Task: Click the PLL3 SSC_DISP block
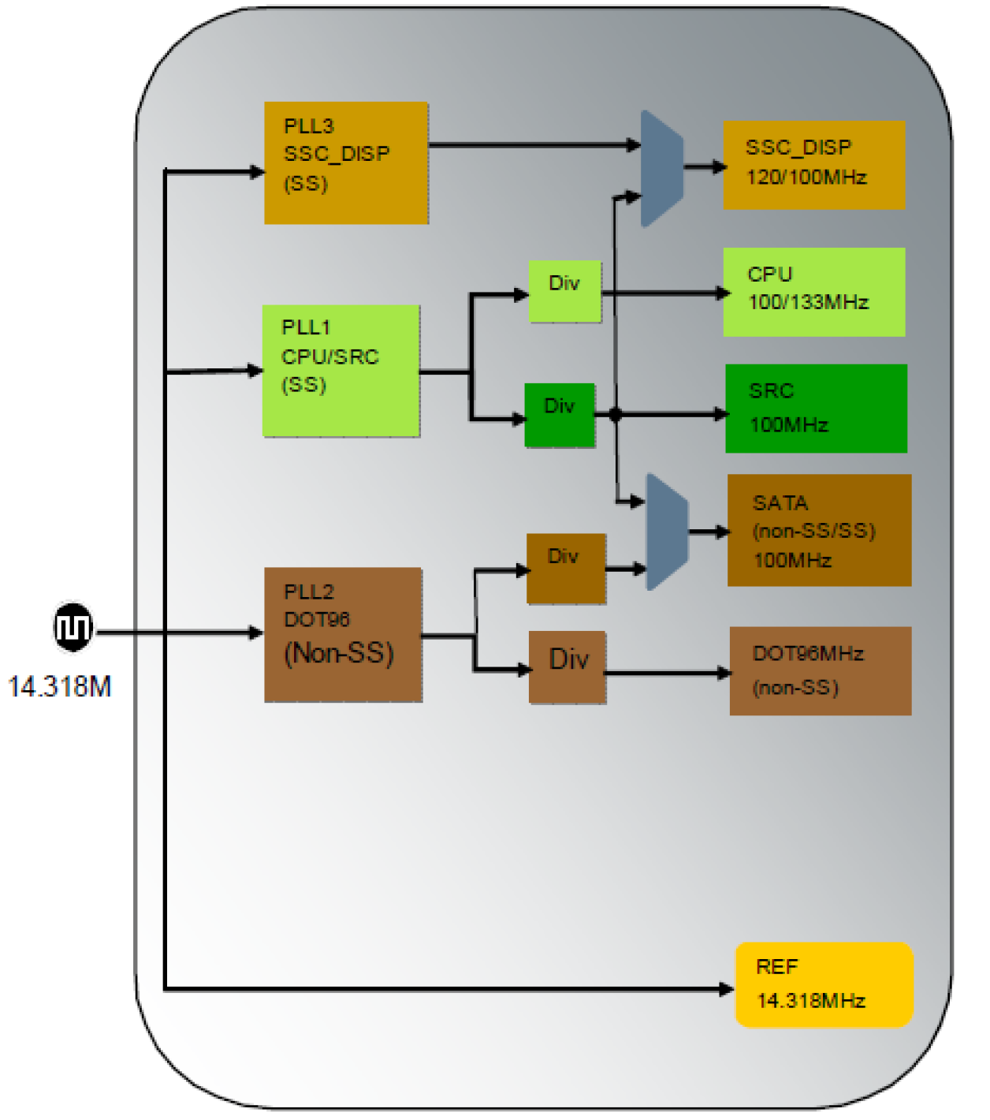point(346,162)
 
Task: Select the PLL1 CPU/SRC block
point(341,371)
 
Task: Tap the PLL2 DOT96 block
point(343,634)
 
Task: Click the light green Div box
point(564,291)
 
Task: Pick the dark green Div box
point(560,415)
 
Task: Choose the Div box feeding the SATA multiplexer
point(565,568)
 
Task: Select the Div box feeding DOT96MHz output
point(567,666)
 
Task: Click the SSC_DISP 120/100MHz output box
point(813,165)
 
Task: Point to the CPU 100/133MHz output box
point(813,292)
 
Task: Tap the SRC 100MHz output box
point(816,409)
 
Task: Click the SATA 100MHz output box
point(819,530)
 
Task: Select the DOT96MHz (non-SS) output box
point(820,670)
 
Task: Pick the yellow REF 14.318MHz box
point(824,984)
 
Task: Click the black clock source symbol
point(73,628)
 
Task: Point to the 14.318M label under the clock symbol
point(60,687)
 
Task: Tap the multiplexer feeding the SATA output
point(667,532)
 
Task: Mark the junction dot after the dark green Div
point(616,415)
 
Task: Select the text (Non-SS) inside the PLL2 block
point(339,653)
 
